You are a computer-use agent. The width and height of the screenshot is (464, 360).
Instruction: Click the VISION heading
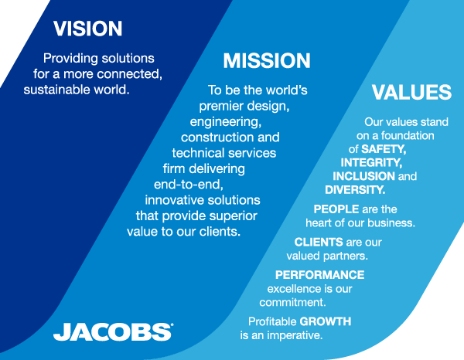[87, 29]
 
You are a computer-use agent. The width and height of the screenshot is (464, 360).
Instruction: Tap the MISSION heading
[267, 60]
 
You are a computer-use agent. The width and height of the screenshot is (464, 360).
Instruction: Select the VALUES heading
[411, 92]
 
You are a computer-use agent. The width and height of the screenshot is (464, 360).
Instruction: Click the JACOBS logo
[114, 331]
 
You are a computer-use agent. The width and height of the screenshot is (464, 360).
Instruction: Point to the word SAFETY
[384, 149]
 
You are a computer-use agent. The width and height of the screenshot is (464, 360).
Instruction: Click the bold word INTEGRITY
[371, 162]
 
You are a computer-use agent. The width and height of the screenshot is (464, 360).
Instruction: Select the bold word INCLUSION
[363, 176]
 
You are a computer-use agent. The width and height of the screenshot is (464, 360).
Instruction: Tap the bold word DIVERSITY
[355, 190]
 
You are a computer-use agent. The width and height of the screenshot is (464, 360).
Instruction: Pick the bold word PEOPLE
[336, 209]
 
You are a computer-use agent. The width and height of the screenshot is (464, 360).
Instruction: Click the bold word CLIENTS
[319, 242]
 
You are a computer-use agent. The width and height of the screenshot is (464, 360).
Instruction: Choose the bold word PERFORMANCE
[319, 275]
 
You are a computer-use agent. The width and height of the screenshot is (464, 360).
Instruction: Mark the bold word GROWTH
[326, 321]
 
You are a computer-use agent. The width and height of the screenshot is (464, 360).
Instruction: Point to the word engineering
[226, 122]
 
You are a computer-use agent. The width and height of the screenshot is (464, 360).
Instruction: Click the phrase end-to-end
[189, 185]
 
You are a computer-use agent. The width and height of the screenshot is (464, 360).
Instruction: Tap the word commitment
[292, 302]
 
